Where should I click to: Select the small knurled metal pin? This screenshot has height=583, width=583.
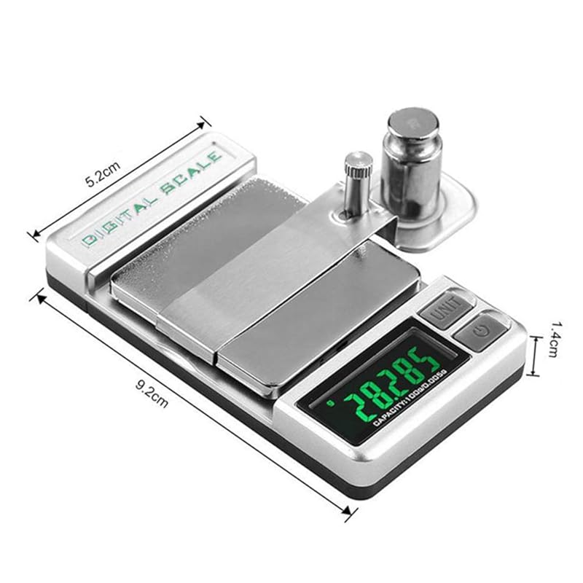tap(357, 182)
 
